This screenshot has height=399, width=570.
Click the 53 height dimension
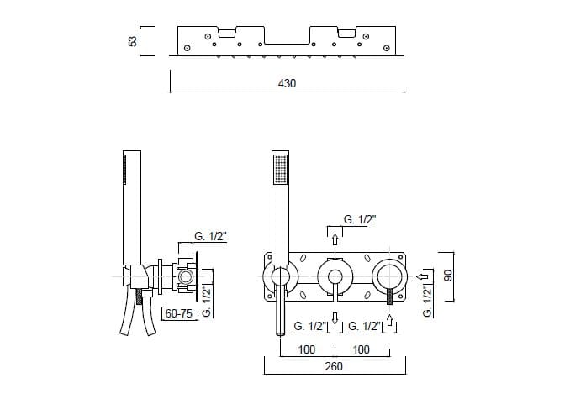pyautogui.click(x=133, y=41)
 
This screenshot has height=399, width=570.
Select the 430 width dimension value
pyautogui.click(x=287, y=83)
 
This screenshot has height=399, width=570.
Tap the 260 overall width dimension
pyautogui.click(x=334, y=366)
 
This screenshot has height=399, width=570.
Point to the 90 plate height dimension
pyautogui.click(x=448, y=276)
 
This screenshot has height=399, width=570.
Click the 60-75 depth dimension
pyautogui.click(x=179, y=313)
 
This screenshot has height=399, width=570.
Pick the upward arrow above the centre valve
pyautogui.click(x=335, y=239)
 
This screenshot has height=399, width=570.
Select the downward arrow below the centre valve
pyautogui.click(x=335, y=318)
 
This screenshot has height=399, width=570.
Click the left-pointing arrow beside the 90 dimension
pyautogui.click(x=423, y=276)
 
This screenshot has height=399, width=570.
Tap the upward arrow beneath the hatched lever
pyautogui.click(x=390, y=320)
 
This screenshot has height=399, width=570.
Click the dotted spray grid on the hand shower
pyautogui.click(x=280, y=169)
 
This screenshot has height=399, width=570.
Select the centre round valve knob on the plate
pyautogui.click(x=335, y=276)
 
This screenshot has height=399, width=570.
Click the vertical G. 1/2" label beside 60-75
pyautogui.click(x=207, y=302)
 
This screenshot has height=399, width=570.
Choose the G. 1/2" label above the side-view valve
pyautogui.click(x=210, y=236)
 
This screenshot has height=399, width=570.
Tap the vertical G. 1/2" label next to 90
pyautogui.click(x=428, y=301)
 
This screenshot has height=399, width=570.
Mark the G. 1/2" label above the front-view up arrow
pyautogui.click(x=360, y=219)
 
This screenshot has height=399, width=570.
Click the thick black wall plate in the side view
pyautogui.click(x=197, y=276)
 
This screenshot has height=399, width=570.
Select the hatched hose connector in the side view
pyautogui.click(x=139, y=297)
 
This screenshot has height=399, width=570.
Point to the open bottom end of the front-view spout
pyautogui.click(x=280, y=333)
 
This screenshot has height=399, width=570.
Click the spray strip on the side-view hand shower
pyautogui.click(x=125, y=169)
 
